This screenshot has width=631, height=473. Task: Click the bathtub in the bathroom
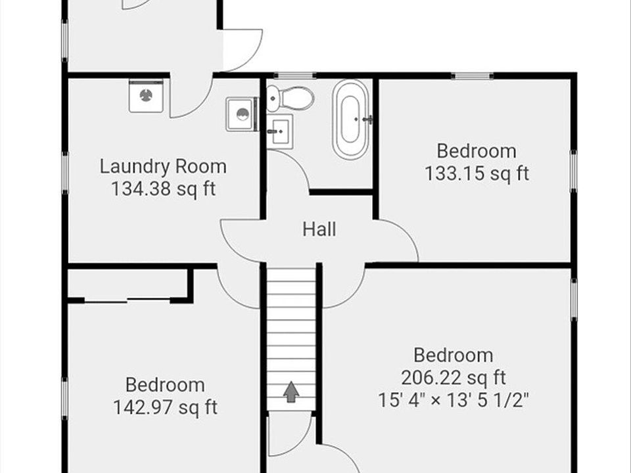pos(350,119)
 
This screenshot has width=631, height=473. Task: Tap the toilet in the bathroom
pos(290,99)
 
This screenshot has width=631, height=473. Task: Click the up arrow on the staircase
pos(291,392)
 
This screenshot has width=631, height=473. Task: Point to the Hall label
pos(319,229)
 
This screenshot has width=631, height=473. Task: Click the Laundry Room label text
pos(163,166)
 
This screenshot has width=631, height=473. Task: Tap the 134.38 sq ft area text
pos(163,189)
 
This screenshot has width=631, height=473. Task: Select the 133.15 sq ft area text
pos(477,173)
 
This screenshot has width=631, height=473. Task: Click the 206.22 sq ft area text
pos(454,378)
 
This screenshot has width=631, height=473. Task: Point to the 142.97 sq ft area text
pos(165,407)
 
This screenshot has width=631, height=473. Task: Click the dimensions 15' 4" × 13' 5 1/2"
pos(454,399)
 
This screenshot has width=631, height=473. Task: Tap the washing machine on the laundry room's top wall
pos(145,96)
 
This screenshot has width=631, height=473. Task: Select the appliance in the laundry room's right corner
pos(243,114)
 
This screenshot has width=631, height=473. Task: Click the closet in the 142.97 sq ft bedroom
pos(129,284)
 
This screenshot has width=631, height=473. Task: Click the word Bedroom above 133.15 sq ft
pos(477,151)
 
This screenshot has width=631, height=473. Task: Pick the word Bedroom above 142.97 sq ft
pos(165,384)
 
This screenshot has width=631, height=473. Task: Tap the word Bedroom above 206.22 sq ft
pos(454,355)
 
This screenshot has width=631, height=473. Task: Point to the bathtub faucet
pos(367,120)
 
